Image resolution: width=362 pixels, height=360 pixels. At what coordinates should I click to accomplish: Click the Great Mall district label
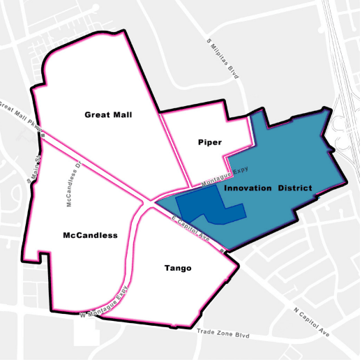(x=108, y=114)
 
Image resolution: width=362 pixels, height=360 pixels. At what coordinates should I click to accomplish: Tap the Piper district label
(x=209, y=142)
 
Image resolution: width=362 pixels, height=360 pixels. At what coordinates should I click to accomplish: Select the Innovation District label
(x=268, y=188)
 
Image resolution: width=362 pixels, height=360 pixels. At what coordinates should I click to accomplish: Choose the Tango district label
(x=178, y=268)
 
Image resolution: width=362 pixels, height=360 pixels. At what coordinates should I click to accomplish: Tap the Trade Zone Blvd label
(x=223, y=333)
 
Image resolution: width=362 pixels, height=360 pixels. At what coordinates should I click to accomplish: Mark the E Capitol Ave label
(x=190, y=227)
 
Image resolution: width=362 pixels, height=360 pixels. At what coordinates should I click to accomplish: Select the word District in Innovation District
(x=291, y=188)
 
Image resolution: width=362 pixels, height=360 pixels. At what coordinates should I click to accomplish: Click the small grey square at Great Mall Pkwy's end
(x=43, y=136)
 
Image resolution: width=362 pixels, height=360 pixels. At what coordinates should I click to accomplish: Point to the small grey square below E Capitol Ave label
(x=221, y=249)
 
